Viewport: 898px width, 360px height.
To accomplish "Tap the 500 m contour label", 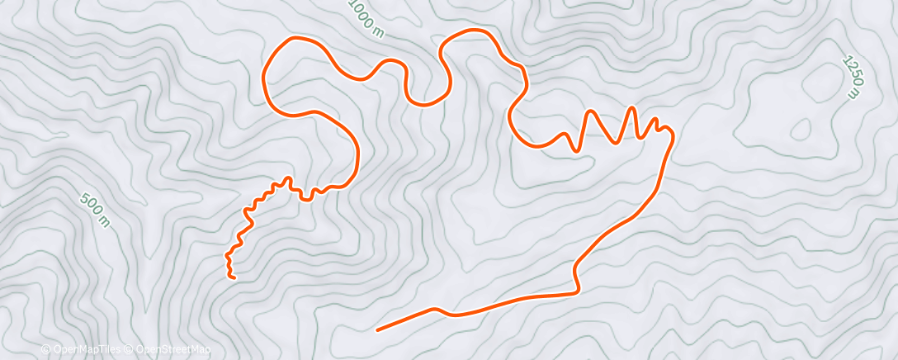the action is pyautogui.click(x=95, y=210).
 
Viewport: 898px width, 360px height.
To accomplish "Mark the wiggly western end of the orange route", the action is pyautogui.click(x=234, y=277).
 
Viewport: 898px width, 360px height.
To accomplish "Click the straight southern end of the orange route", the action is pyautogui.click(x=379, y=329).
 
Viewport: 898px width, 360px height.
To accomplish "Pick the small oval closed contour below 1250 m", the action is pyautogui.click(x=801, y=129).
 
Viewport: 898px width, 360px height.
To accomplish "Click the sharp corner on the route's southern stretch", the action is pyautogui.click(x=575, y=290).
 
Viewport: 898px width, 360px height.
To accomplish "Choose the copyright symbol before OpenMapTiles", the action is pyautogui.click(x=46, y=349).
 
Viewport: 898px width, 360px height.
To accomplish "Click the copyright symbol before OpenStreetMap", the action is pyautogui.click(x=130, y=349).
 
